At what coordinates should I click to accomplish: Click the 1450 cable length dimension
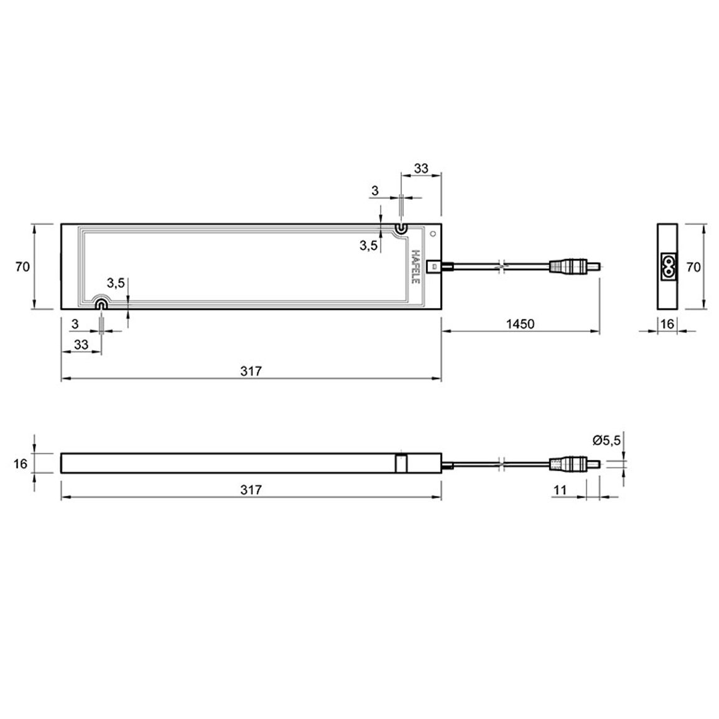point(520,324)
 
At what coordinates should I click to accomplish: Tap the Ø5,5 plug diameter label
point(606,440)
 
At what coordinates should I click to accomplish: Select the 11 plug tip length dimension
point(560,490)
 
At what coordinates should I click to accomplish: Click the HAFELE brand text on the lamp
point(415,266)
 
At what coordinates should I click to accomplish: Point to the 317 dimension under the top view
point(251,371)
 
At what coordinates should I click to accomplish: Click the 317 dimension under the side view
point(251,490)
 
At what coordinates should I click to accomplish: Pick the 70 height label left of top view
point(22,266)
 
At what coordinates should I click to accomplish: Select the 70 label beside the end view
point(693,267)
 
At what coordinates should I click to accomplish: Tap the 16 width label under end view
point(667,324)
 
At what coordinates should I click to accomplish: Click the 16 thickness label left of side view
point(21,463)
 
